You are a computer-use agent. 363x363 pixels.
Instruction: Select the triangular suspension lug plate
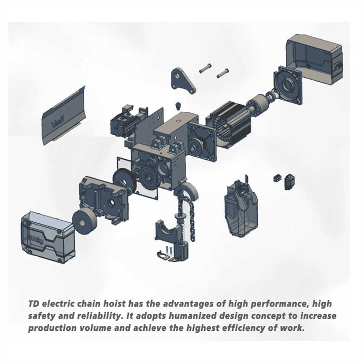pyautogui.click(x=182, y=80)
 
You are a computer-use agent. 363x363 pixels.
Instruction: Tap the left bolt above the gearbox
pyautogui.click(x=205, y=69)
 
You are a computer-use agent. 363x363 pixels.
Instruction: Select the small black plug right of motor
pyautogui.click(x=289, y=181)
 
